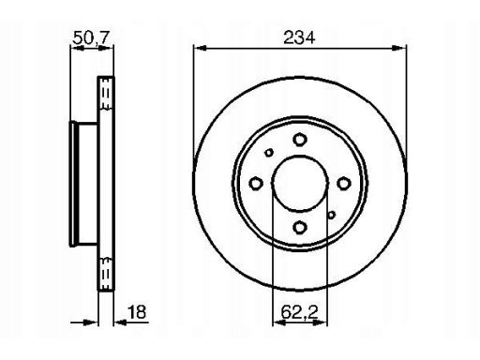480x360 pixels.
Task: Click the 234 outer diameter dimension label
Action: coord(299,37)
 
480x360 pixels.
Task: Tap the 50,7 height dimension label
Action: coord(91,38)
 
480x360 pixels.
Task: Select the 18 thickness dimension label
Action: coord(137,312)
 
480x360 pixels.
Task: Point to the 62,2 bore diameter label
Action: coord(299,312)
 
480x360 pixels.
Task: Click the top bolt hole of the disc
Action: coord(300,140)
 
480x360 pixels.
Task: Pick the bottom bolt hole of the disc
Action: coord(300,227)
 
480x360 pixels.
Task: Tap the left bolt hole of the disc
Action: coord(256,183)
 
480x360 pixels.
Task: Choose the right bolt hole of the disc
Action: coord(344,183)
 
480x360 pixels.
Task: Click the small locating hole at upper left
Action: coord(269,153)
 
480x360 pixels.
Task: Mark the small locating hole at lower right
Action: coord(331,215)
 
